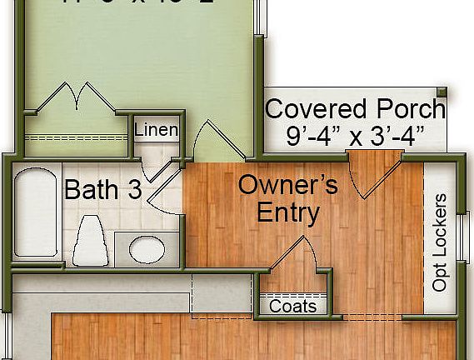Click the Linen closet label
[156, 130]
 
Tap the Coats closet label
[293, 306]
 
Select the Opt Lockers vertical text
[440, 242]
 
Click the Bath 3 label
[102, 190]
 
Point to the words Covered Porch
[355, 109]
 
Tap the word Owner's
[287, 185]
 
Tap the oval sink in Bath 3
[147, 248]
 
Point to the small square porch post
[442, 92]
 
